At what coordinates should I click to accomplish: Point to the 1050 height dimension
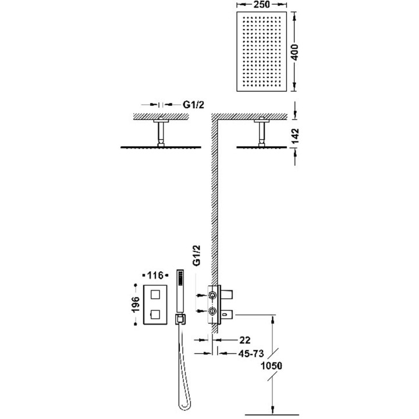(x=271, y=367)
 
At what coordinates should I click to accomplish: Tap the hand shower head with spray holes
(x=179, y=282)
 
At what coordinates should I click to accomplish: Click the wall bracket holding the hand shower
(x=180, y=319)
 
